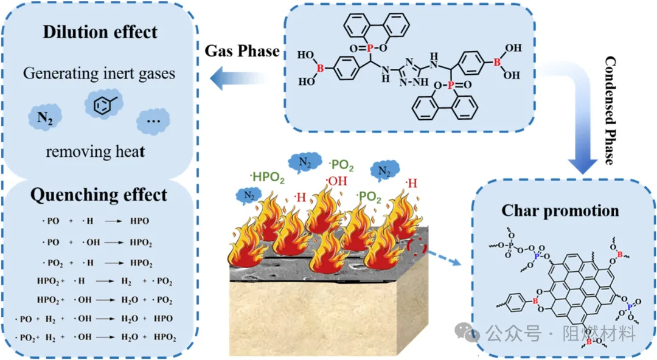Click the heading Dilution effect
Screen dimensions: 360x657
(100, 32)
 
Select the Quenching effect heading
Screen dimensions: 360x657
(99, 195)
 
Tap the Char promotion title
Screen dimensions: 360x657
(560, 211)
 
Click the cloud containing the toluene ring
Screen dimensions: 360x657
(102, 104)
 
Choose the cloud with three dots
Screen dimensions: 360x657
(153, 120)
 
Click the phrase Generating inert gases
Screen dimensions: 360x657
(99, 74)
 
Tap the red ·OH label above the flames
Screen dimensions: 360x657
(337, 180)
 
